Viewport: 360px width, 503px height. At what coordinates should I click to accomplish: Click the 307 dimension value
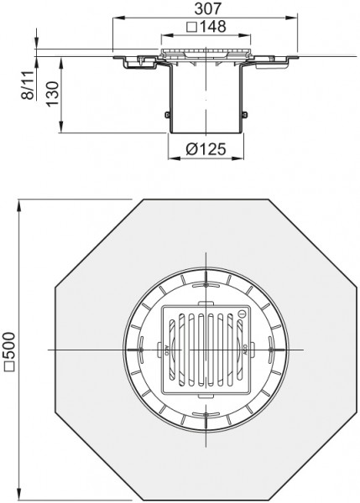point(208,8)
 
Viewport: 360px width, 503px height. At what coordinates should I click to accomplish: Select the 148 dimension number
point(213,27)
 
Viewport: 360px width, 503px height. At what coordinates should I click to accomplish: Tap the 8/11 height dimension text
point(29,85)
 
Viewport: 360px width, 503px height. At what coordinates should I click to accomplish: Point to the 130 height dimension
point(53,93)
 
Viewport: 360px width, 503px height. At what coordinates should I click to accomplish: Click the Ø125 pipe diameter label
point(206,149)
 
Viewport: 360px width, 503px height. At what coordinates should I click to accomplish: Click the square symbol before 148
point(191,27)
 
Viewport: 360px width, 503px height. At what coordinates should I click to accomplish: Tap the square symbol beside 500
point(8,366)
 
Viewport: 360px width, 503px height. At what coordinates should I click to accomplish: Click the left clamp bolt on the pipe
point(167,115)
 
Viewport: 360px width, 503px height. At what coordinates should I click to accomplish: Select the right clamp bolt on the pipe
point(245,115)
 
